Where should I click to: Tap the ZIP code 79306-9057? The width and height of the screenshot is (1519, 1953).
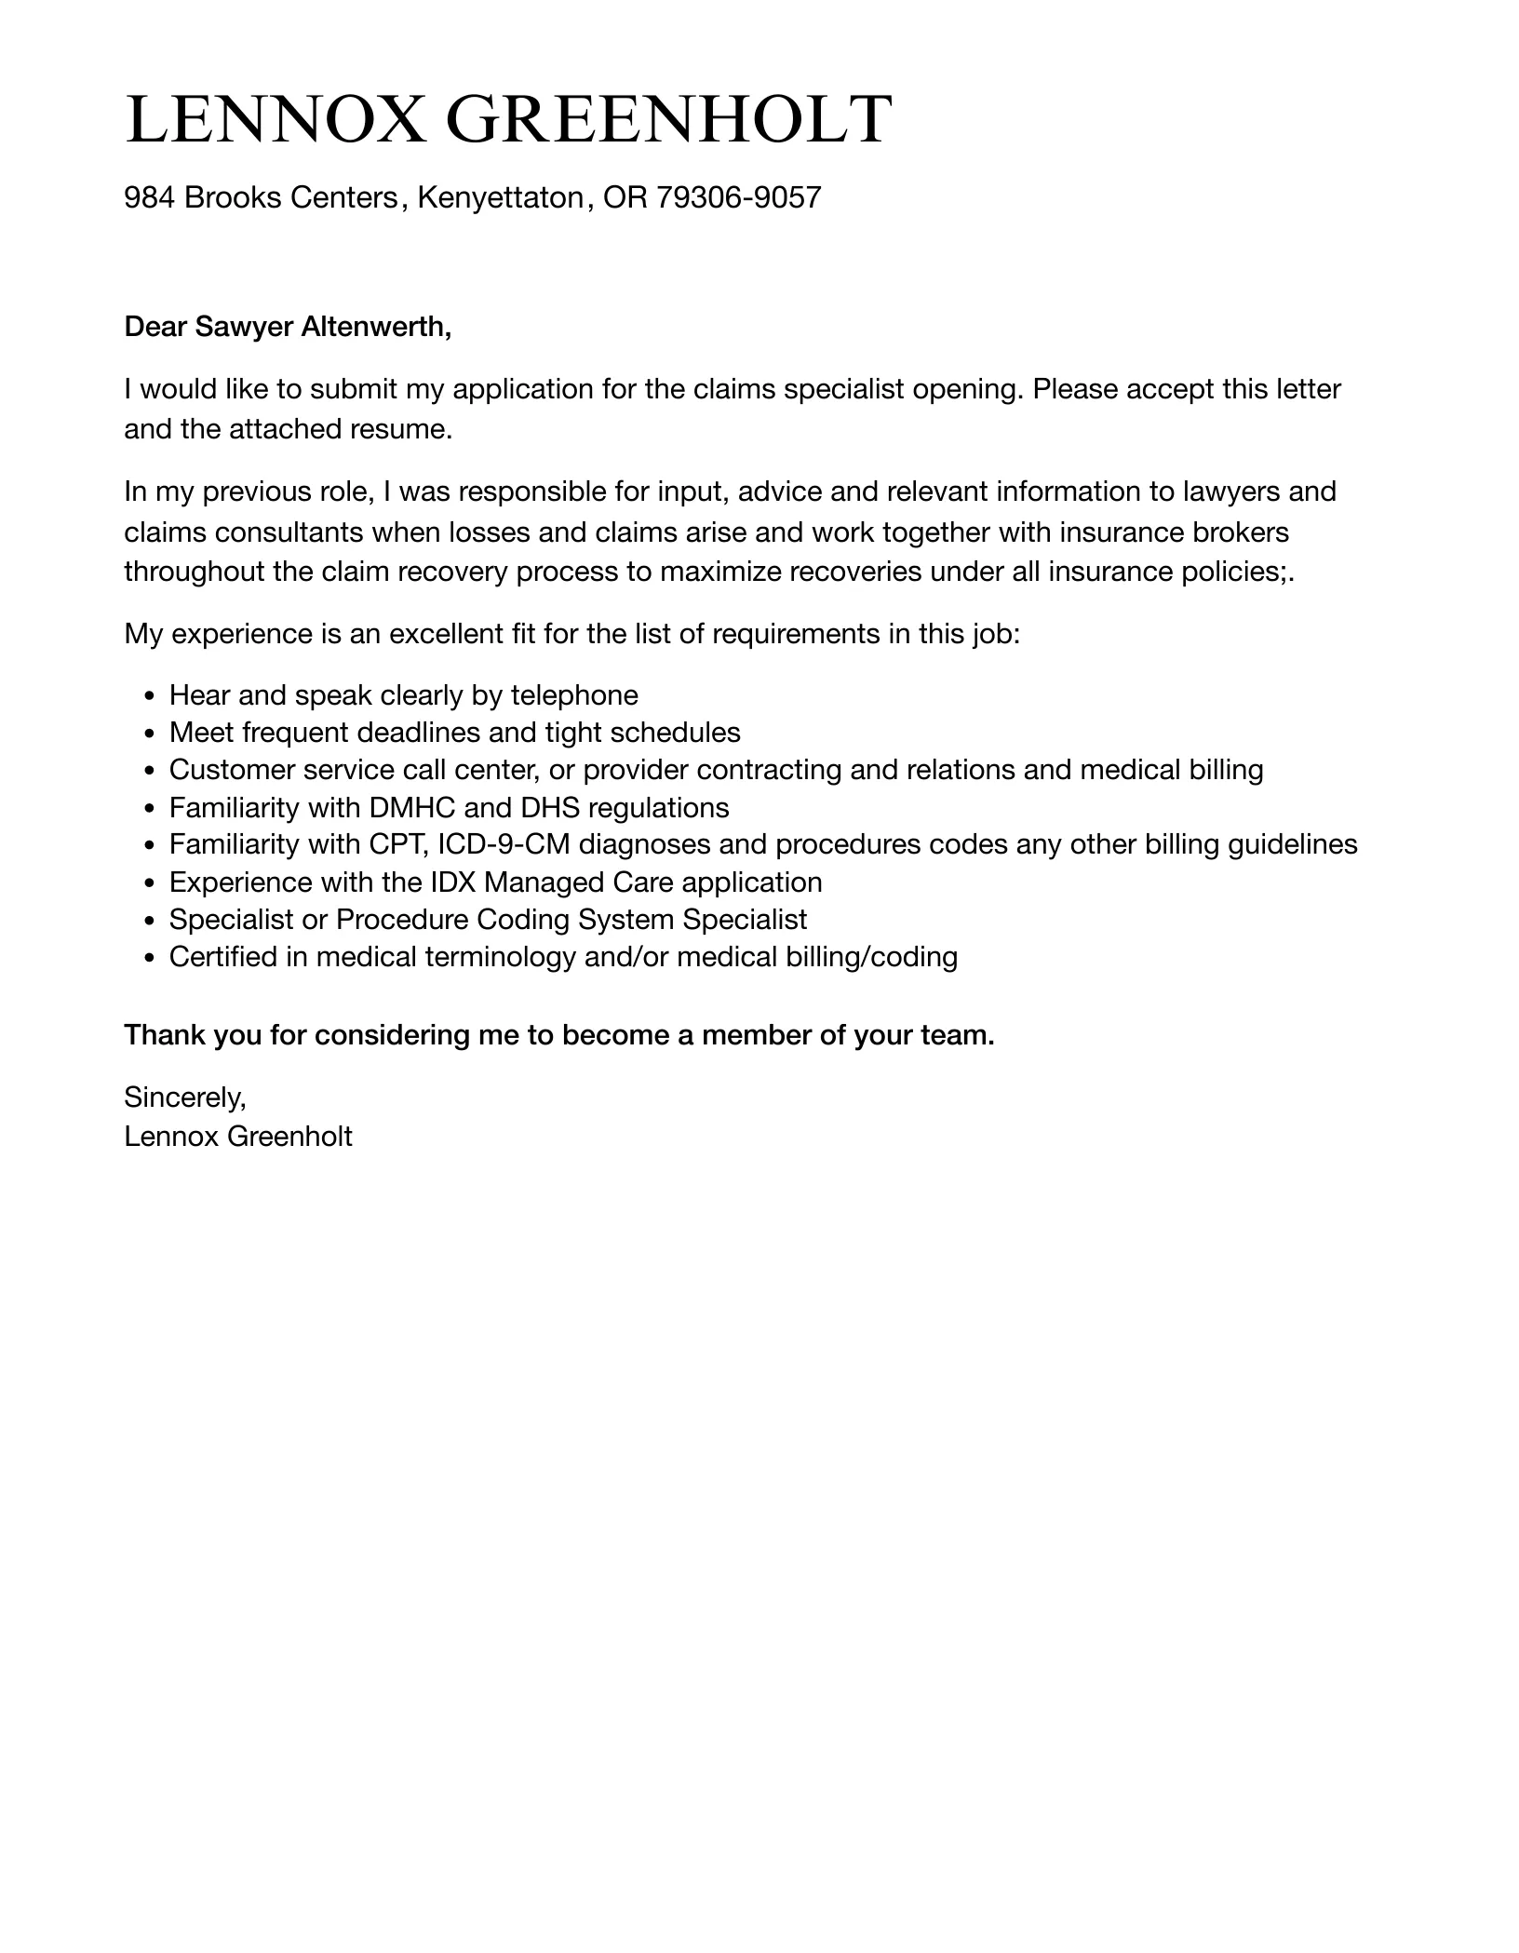(x=739, y=197)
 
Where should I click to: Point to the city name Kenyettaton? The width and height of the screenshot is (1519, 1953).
(x=500, y=197)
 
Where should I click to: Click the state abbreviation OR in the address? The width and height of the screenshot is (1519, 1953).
(x=625, y=197)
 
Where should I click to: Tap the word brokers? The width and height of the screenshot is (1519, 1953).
(x=1241, y=532)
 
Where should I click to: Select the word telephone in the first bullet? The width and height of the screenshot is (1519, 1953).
(x=574, y=695)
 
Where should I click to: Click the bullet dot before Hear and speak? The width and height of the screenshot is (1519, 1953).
(x=150, y=697)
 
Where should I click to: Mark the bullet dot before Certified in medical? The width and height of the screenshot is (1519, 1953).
(x=150, y=958)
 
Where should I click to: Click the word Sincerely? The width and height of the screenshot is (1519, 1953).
(x=184, y=1098)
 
